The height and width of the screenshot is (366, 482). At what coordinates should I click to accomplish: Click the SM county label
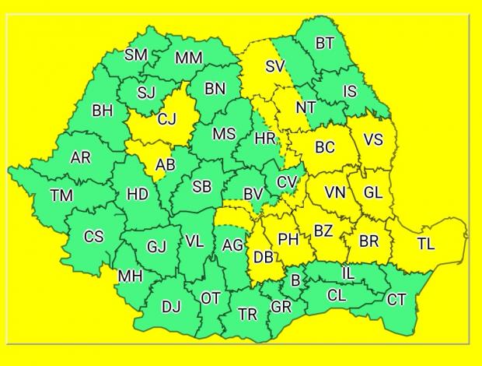click(136, 55)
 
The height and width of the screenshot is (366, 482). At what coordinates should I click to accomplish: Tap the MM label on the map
click(188, 58)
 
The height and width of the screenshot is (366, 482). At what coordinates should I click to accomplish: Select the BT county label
click(325, 44)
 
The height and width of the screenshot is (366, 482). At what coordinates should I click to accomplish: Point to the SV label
click(275, 66)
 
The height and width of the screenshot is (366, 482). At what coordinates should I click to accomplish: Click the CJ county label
click(167, 119)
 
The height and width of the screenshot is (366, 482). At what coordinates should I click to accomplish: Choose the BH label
click(102, 111)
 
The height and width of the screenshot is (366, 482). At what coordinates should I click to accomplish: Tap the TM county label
click(61, 196)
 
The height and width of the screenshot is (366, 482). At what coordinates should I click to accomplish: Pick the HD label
click(138, 194)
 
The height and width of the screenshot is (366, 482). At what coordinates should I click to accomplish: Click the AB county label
click(166, 165)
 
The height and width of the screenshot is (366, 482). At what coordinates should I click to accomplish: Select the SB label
click(201, 187)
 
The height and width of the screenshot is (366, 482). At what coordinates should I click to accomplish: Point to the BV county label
click(253, 193)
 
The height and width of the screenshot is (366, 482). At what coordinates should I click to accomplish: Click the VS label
click(373, 141)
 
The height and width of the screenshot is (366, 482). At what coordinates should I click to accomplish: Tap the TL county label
click(425, 244)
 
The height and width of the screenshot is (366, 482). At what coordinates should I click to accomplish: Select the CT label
click(396, 299)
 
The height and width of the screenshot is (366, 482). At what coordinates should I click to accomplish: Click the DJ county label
click(171, 307)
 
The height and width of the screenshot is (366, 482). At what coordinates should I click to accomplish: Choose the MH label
click(130, 276)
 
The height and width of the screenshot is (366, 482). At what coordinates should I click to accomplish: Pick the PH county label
click(288, 240)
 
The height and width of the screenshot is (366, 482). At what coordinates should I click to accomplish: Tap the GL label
click(373, 192)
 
